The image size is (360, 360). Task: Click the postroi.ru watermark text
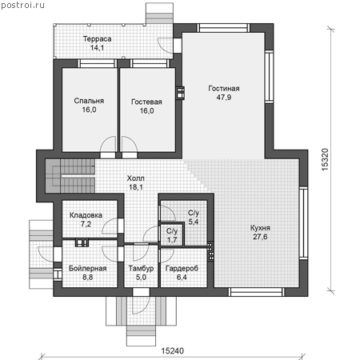22,5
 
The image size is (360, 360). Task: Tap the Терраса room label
97,39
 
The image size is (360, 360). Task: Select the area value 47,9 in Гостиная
224,98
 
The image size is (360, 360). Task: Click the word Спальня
89,101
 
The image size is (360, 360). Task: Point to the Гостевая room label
146,102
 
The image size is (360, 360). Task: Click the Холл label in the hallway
136,178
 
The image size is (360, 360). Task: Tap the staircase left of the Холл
70,176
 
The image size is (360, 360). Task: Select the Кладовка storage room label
86,215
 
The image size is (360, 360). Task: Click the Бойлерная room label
87,268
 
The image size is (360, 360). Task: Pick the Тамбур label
141,268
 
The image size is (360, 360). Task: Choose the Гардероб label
182,268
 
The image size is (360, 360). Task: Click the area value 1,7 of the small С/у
172,240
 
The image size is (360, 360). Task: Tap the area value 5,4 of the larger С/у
194,222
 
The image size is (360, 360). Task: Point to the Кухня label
260,228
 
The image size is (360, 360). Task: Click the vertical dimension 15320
326,159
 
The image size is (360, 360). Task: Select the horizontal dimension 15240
172,350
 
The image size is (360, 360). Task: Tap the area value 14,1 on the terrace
97,48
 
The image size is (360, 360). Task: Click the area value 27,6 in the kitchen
260,237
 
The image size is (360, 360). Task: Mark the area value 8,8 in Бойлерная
87,278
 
